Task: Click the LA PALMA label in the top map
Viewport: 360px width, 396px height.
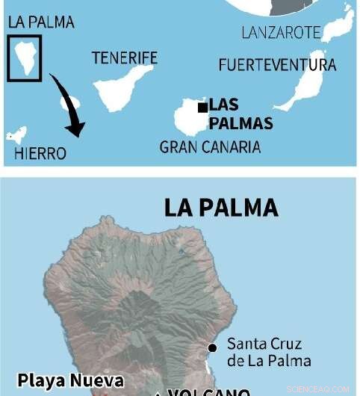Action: [x=41, y=22]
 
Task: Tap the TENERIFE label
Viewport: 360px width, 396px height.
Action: [x=124, y=58]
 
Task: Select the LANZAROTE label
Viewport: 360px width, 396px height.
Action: [x=281, y=33]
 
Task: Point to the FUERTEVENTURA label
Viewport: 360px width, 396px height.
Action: [x=277, y=65]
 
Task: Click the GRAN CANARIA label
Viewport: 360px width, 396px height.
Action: [x=210, y=146]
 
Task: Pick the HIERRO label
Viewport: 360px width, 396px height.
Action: [x=40, y=154]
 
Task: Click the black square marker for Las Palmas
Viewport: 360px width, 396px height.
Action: [x=202, y=107]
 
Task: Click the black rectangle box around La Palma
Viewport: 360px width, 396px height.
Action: [x=25, y=56]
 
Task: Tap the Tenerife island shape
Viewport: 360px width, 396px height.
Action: [x=123, y=86]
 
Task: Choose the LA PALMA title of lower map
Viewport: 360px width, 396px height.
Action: [x=221, y=208]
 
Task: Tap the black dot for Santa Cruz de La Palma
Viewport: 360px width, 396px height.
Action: [x=213, y=347]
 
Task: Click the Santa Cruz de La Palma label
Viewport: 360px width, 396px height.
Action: [x=264, y=353]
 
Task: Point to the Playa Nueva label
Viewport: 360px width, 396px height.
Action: [x=70, y=380]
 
